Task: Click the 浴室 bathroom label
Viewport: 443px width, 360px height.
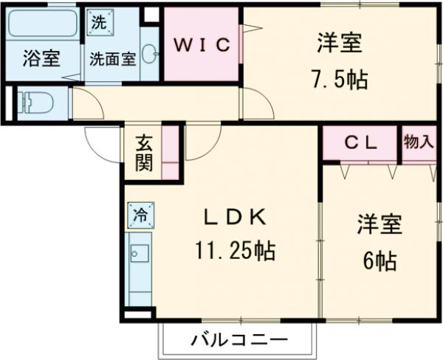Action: tap(41, 59)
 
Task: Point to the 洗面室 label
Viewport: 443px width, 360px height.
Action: tap(112, 59)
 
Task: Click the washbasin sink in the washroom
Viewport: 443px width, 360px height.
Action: tap(149, 54)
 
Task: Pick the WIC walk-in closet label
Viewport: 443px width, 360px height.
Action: tap(202, 43)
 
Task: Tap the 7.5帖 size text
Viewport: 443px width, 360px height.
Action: tap(340, 77)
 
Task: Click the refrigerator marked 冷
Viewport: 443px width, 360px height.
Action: tap(139, 215)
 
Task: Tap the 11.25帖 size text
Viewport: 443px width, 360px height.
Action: tap(235, 252)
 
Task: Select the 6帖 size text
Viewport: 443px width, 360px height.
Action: tap(380, 260)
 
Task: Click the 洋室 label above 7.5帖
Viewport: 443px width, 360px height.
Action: tap(340, 43)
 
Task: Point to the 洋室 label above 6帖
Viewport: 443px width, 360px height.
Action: tap(380, 225)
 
